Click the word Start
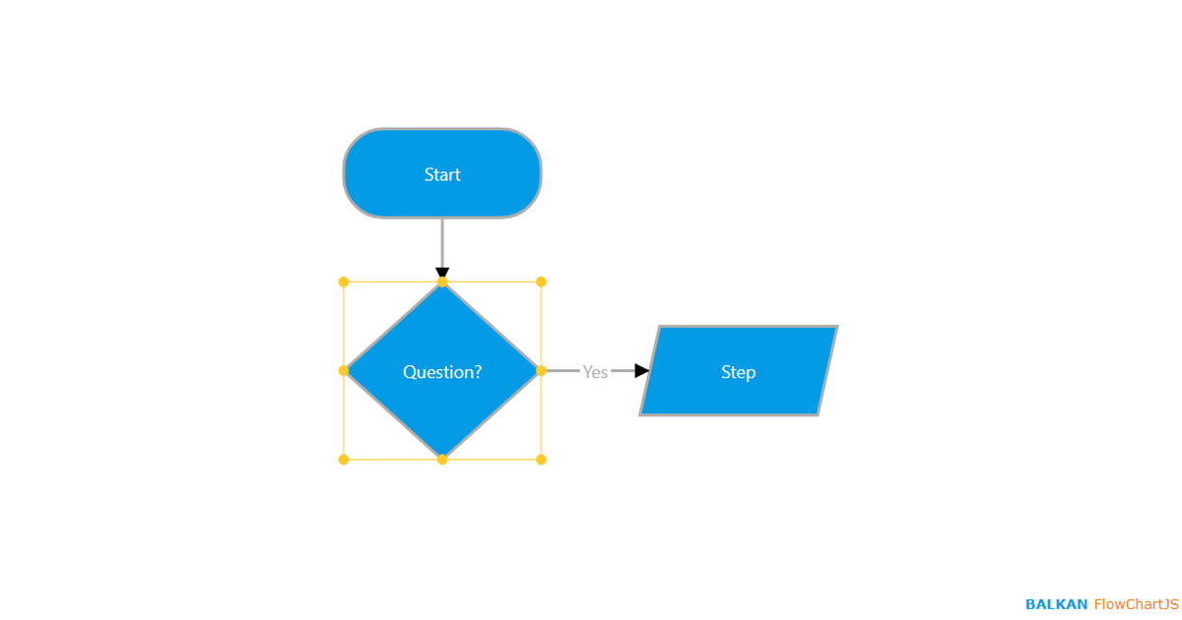click(x=442, y=175)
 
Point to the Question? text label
click(x=442, y=372)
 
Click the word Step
click(x=738, y=372)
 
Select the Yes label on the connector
click(x=595, y=372)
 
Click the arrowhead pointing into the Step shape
click(x=641, y=371)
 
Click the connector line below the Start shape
click(x=442, y=242)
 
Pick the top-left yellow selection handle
click(x=344, y=282)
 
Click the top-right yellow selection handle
click(x=541, y=282)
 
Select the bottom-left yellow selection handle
click(x=344, y=460)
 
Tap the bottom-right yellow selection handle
click(x=541, y=460)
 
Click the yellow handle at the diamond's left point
click(x=344, y=371)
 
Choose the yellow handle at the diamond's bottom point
click(x=442, y=460)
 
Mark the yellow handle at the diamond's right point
click(x=541, y=371)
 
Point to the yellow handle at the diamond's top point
click(x=442, y=282)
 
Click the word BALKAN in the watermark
click(x=1056, y=604)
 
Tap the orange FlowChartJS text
click(x=1136, y=604)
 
